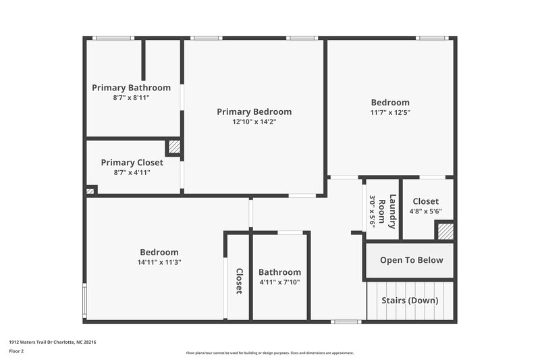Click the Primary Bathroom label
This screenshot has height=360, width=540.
click(x=131, y=88)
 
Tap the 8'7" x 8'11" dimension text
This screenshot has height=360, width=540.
click(x=131, y=98)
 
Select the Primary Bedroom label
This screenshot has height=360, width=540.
click(x=254, y=112)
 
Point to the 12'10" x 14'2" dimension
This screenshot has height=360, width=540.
click(x=254, y=122)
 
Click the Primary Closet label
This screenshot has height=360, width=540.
click(x=132, y=163)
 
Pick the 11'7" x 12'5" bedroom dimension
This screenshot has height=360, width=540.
click(x=390, y=113)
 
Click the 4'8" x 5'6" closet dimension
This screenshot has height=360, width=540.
click(x=425, y=211)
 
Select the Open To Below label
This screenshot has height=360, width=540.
click(x=411, y=261)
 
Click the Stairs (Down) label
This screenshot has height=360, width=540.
click(x=410, y=301)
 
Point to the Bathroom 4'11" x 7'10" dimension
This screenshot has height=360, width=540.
click(x=279, y=282)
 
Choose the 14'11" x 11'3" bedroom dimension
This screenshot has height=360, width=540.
click(x=159, y=262)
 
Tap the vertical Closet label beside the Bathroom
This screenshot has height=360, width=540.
click(x=239, y=281)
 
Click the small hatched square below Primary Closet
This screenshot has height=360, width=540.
click(x=90, y=192)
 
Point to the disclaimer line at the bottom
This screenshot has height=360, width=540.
click(x=269, y=353)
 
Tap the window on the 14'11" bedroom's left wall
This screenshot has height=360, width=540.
click(x=84, y=301)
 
